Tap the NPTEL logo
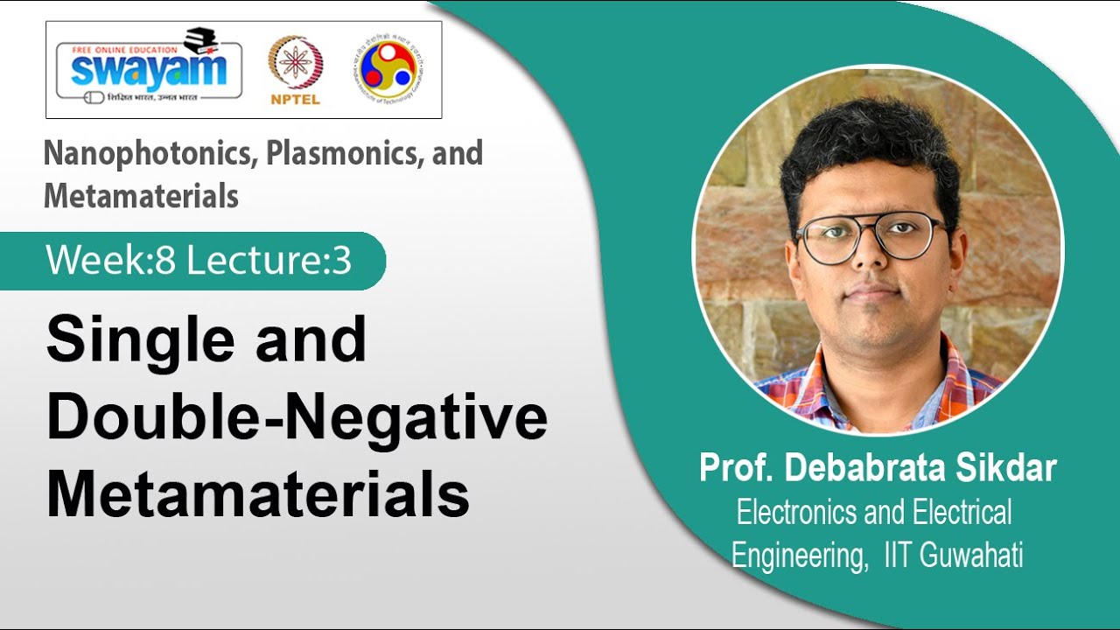coord(295,70)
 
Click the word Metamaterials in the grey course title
coord(141,195)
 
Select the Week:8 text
coord(111,261)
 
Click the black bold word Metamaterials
coord(257,494)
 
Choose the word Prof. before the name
coord(736,468)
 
